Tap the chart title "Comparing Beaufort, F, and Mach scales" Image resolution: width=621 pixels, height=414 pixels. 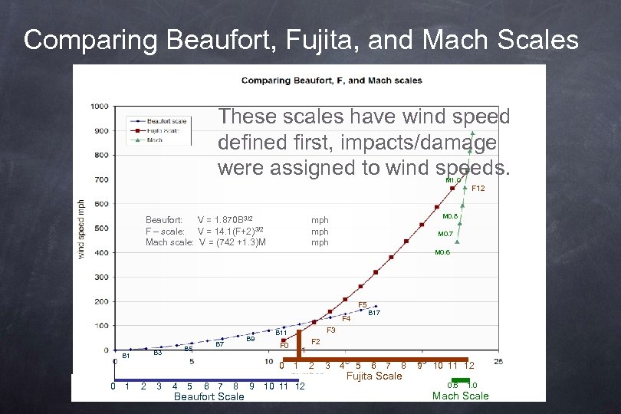point(331,80)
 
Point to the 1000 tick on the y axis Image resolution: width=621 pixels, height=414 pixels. point(98,106)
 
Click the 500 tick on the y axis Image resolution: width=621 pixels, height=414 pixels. point(100,228)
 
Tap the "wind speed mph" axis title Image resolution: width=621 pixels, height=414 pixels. point(81,228)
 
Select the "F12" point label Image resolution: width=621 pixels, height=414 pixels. point(478,188)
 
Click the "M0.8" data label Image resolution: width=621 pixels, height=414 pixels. point(449,216)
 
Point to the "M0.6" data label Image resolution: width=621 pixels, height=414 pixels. point(442,252)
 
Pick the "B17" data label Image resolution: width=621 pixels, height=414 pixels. point(374,314)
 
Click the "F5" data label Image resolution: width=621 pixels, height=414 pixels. point(363,304)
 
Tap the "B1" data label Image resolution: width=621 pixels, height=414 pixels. point(127,356)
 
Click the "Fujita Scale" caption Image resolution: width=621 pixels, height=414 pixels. point(374,376)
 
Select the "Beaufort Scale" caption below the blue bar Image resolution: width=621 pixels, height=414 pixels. point(209,396)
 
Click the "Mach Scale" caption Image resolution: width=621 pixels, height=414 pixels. point(460,396)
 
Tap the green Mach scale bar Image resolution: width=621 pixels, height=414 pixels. point(460,380)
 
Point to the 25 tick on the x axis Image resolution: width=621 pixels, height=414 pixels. point(498,361)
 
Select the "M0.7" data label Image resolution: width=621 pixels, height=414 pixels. point(445,234)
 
